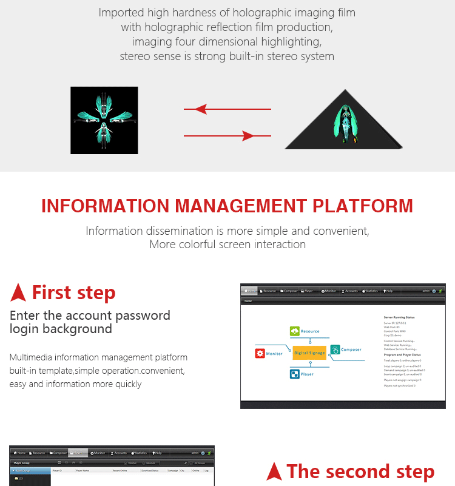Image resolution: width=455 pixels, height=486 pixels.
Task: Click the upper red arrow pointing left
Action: coord(227,110)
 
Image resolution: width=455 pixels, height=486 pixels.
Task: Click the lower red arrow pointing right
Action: coord(227,136)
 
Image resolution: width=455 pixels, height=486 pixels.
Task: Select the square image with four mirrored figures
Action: coord(104,120)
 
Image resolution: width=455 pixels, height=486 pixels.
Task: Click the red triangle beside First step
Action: coord(18,293)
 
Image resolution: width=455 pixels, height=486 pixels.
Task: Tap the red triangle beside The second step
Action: coord(274,471)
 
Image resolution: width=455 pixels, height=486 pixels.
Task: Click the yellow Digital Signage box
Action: coord(309,353)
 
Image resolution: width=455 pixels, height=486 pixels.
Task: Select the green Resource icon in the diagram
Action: coord(294,331)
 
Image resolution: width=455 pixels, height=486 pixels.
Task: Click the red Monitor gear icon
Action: coord(260,353)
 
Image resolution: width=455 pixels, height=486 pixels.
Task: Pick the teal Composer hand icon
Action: coord(335,349)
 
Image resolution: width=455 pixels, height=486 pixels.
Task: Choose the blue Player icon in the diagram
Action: coord(294,374)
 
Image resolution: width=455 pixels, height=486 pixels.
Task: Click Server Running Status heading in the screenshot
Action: coord(400,317)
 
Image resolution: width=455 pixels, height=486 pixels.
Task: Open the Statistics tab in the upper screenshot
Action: coord(370,291)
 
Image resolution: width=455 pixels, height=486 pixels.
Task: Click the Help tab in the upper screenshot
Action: coord(388,291)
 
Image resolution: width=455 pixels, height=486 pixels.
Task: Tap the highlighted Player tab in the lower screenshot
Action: coord(78,453)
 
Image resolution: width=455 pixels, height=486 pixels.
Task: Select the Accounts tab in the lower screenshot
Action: coord(118,453)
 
